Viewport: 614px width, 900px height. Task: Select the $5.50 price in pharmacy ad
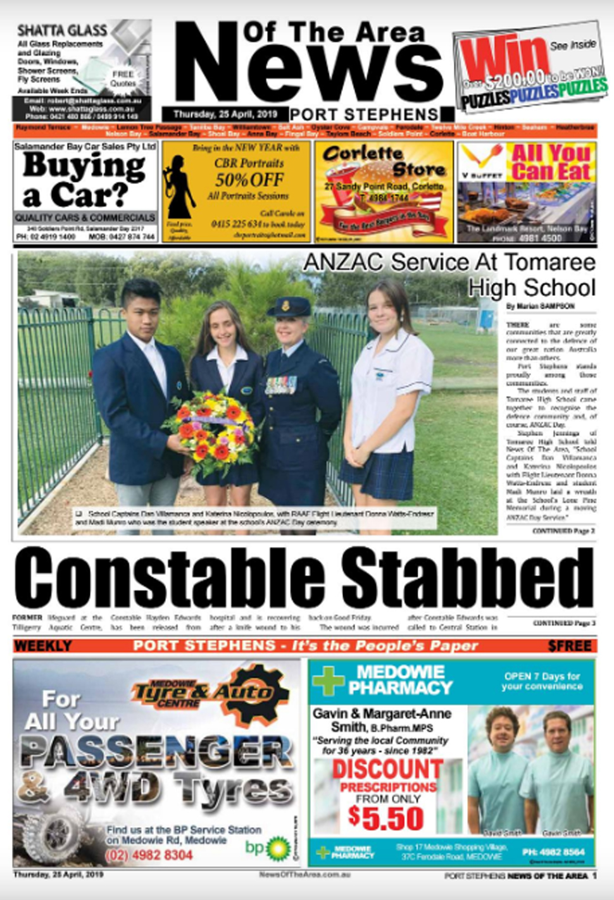point(385,818)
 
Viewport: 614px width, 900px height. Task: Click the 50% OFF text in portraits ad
point(249,180)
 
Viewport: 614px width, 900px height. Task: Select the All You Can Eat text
point(551,162)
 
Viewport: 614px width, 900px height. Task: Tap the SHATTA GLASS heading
point(62,30)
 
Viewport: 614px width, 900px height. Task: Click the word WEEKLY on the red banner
point(43,646)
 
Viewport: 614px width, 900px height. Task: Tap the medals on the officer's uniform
point(280,385)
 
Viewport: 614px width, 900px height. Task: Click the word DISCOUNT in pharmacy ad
point(388,769)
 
